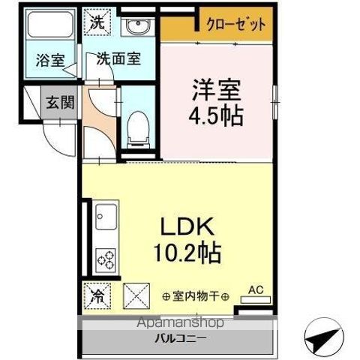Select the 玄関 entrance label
pos(59,103)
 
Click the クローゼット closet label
pos(236,25)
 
